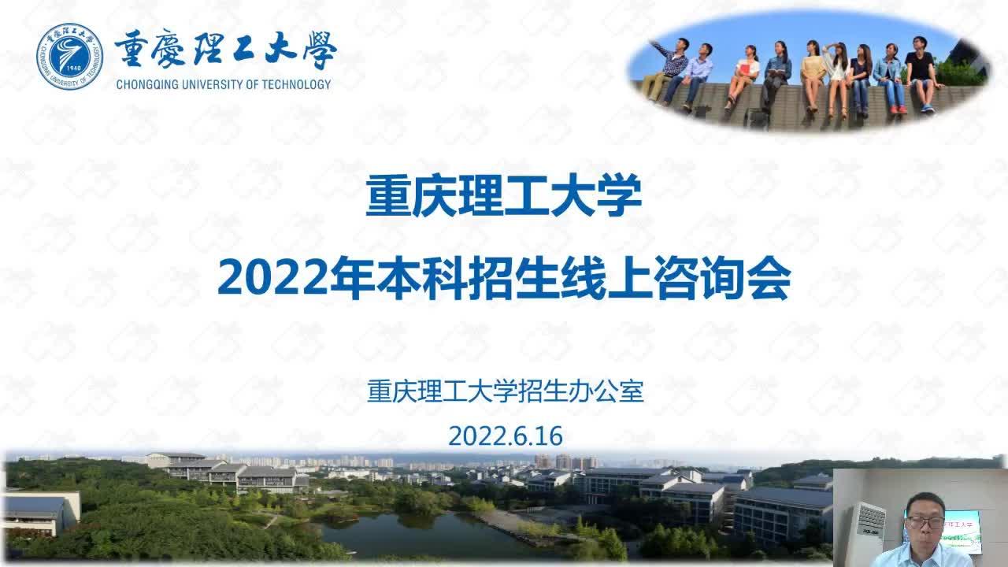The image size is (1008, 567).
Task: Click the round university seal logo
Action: (x=70, y=57)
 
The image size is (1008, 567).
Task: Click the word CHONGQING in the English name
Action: (x=142, y=84)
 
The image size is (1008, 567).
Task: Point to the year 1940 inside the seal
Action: (x=73, y=68)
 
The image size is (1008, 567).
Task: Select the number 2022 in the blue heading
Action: (x=272, y=279)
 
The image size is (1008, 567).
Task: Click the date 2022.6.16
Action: (x=506, y=435)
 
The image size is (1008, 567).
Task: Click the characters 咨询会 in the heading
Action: (x=722, y=278)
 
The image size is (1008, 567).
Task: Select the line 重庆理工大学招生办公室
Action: (x=506, y=391)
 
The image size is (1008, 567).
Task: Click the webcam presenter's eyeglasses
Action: (x=925, y=522)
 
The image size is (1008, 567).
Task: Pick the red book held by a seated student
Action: (x=744, y=69)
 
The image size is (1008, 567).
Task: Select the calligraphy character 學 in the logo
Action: (x=320, y=50)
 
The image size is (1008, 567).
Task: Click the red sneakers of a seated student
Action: (x=898, y=109)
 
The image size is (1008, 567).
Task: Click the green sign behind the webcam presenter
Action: (x=963, y=531)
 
